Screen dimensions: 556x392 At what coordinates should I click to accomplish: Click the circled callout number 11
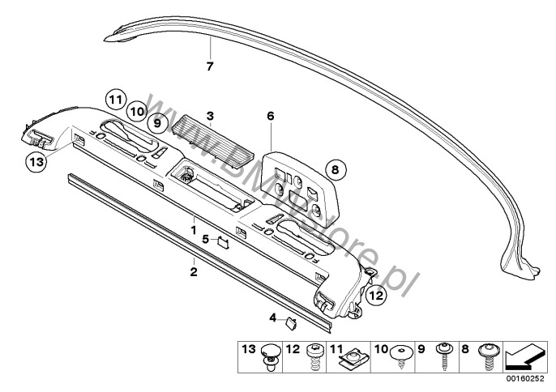click(x=116, y=100)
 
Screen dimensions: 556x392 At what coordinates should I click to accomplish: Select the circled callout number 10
click(x=137, y=112)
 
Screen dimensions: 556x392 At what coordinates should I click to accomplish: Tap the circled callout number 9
click(x=157, y=123)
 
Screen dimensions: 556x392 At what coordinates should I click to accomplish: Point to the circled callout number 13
click(x=36, y=162)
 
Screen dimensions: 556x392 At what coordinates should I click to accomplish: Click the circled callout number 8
click(x=335, y=170)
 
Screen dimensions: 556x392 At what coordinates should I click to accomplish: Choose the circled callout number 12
click(x=376, y=295)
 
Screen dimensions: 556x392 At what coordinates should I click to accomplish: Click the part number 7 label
click(x=210, y=66)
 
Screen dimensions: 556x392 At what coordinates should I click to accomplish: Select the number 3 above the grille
click(x=210, y=116)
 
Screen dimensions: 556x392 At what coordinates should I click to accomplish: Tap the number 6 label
click(x=271, y=116)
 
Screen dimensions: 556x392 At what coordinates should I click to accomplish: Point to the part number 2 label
click(x=194, y=272)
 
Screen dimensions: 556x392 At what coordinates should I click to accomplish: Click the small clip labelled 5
click(x=223, y=241)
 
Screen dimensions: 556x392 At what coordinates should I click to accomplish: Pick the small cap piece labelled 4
click(x=291, y=323)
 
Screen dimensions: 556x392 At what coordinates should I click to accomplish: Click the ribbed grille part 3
click(x=212, y=140)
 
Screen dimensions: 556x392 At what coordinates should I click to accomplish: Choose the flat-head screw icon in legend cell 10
click(x=401, y=356)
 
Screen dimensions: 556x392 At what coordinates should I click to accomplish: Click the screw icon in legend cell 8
click(x=490, y=356)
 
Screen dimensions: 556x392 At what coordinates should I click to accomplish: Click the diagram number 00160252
click(x=525, y=378)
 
